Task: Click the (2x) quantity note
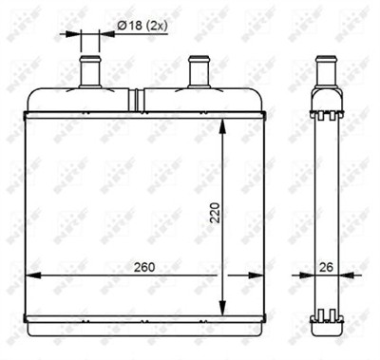(159, 26)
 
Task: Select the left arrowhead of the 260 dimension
(29, 275)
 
